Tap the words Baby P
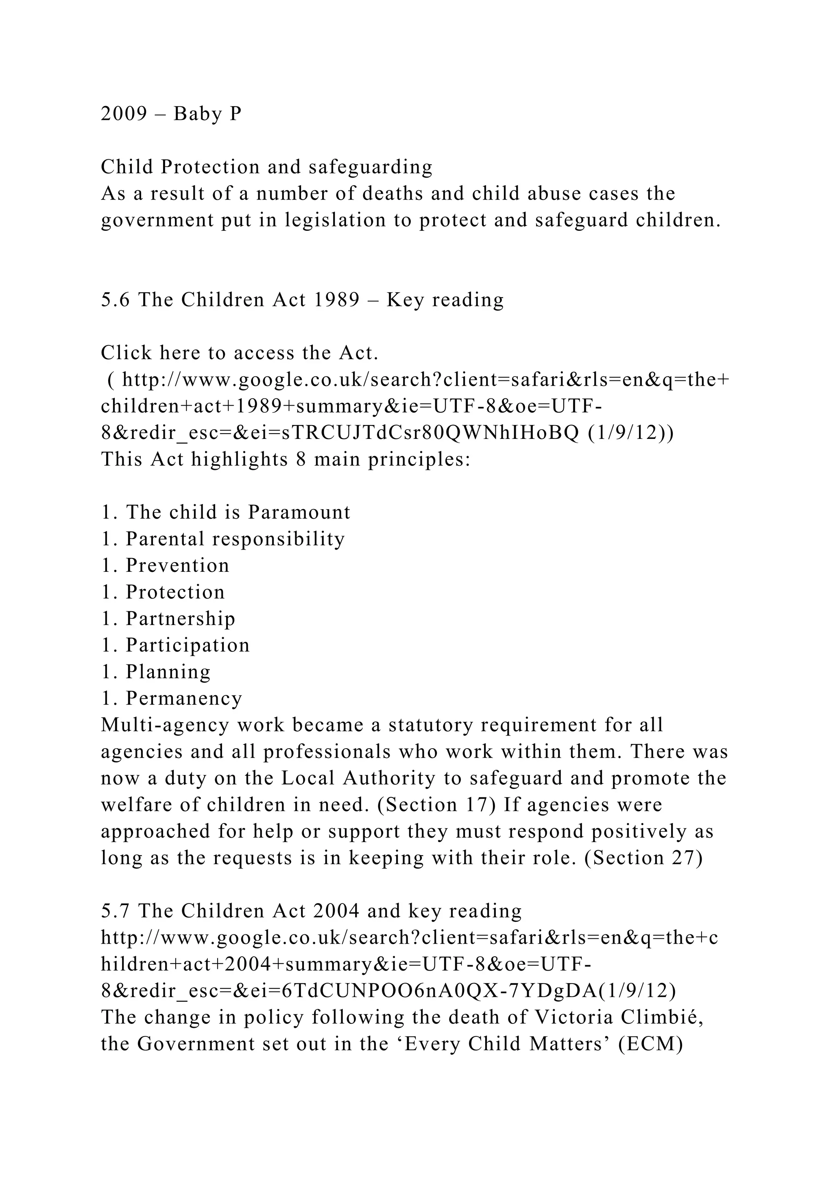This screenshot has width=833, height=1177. (x=207, y=114)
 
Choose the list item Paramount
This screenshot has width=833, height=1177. (x=299, y=512)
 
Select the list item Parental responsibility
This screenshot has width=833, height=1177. (x=235, y=539)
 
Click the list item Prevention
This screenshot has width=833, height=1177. (x=177, y=565)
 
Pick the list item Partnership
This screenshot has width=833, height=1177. (x=181, y=619)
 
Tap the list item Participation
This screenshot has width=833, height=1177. (x=188, y=645)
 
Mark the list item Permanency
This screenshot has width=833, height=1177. (x=183, y=699)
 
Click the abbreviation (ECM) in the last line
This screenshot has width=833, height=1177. (x=651, y=1044)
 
